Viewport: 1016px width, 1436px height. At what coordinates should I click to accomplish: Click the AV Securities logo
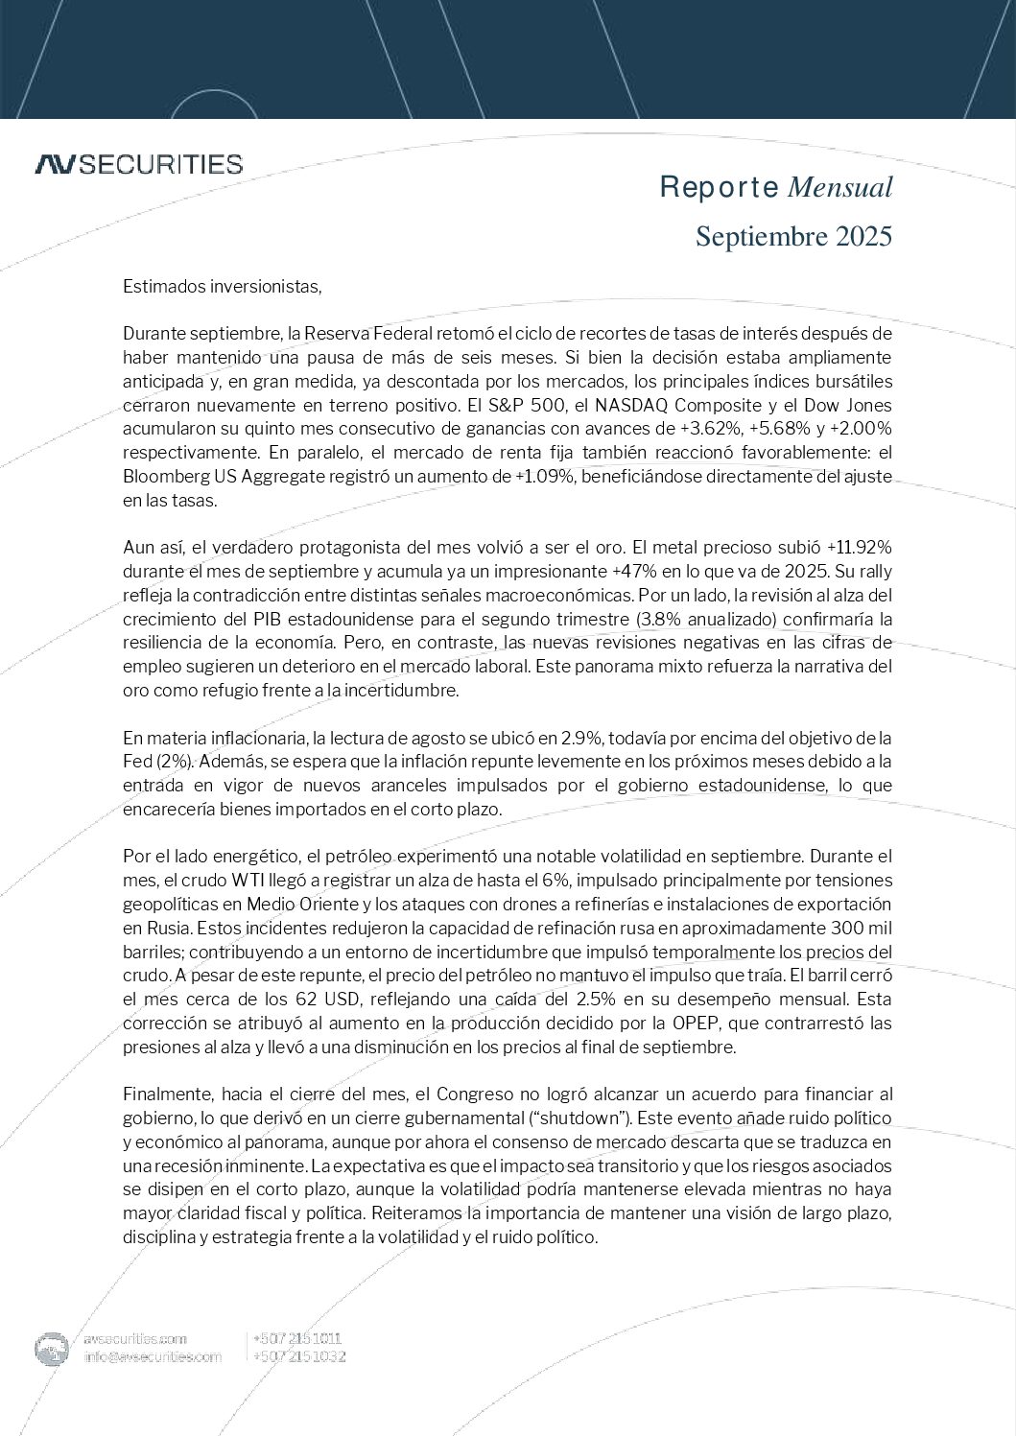click(x=138, y=164)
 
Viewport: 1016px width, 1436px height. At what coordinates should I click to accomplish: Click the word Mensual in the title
click(x=839, y=188)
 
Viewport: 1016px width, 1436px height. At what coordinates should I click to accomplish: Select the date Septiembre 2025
click(x=793, y=236)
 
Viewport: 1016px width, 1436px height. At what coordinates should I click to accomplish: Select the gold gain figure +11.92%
click(x=859, y=547)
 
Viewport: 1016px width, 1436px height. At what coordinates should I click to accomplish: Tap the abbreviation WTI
click(x=253, y=880)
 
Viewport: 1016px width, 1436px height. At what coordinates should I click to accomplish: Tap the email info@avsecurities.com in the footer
click(x=154, y=1356)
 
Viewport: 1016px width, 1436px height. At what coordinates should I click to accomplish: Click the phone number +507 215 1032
click(x=298, y=1356)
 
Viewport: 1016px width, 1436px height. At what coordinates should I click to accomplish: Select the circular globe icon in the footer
click(x=52, y=1349)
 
